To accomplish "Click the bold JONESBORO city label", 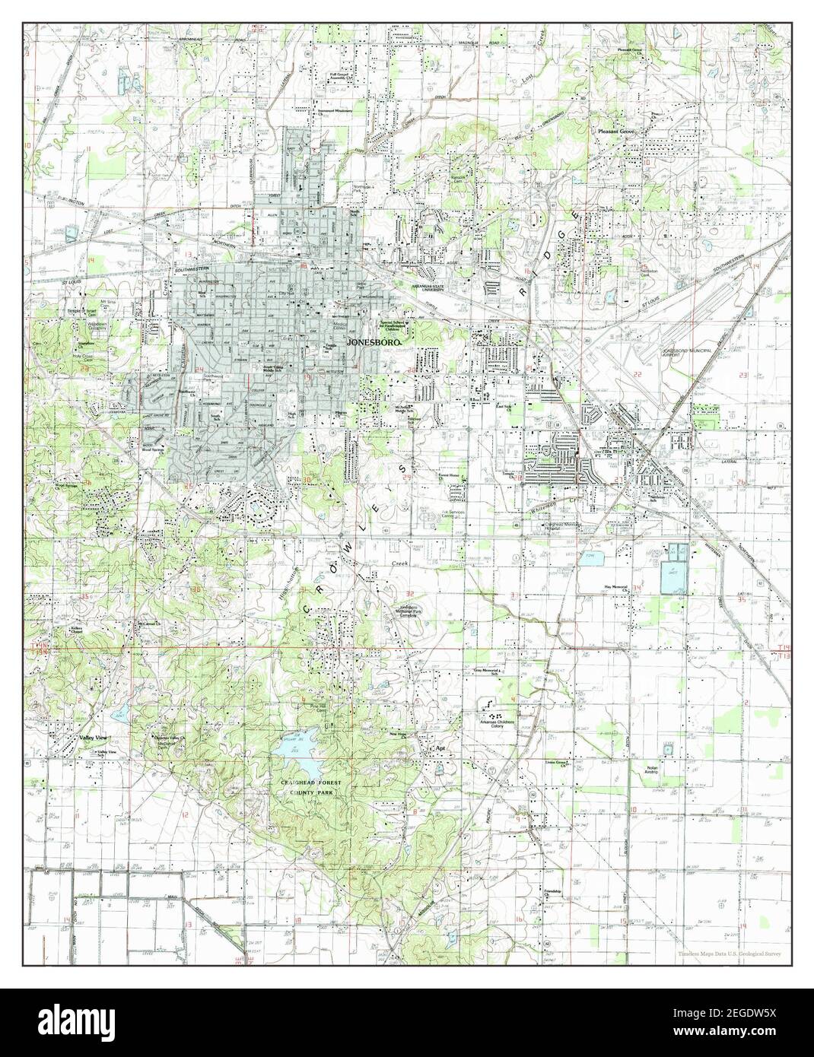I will [x=373, y=343].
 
